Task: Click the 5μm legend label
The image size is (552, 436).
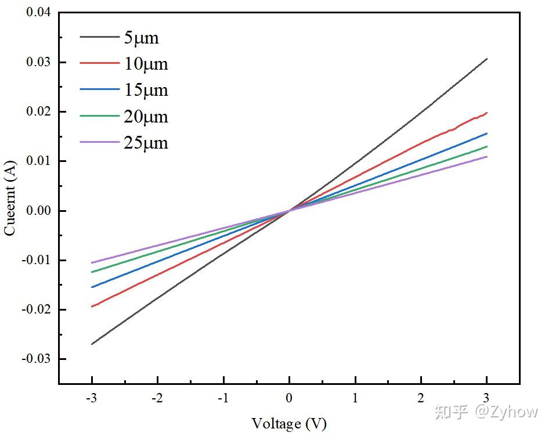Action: [141, 38]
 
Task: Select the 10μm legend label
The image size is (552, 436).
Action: [146, 63]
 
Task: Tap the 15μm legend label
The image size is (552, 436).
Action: [146, 90]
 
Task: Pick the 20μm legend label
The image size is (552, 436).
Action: [146, 116]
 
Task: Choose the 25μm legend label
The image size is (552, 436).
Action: [146, 142]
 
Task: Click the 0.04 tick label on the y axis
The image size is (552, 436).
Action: [38, 12]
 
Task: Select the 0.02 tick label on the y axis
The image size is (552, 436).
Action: [38, 111]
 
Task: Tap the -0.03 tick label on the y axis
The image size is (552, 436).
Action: [36, 359]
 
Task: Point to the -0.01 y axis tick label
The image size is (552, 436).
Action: [36, 260]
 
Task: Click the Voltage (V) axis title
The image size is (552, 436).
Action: [288, 423]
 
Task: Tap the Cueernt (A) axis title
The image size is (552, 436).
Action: [10, 197]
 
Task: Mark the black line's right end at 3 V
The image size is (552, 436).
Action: [486, 59]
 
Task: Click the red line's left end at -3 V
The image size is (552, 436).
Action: [92, 307]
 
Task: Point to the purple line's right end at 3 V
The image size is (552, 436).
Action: [486, 156]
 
